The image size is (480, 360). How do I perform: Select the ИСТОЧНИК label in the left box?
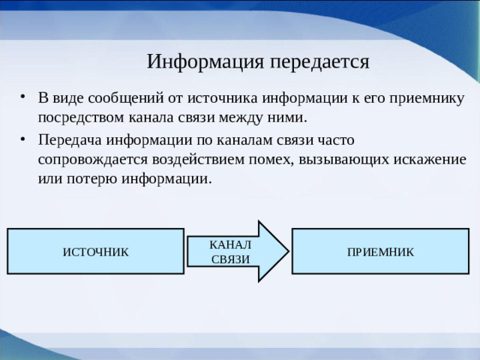point(95,252)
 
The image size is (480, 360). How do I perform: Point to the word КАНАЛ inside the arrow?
point(231,245)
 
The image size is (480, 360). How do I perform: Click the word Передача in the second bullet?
point(70,141)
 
